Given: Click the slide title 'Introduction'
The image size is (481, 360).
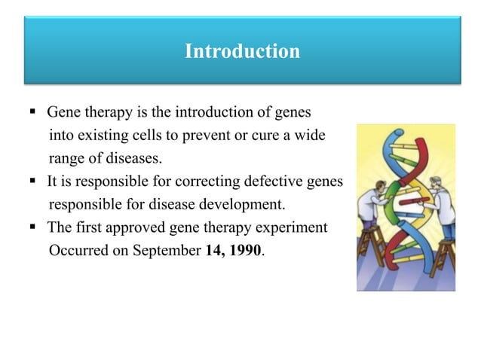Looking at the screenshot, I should coord(242,52).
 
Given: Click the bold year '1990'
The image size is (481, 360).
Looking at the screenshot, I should coord(246,250).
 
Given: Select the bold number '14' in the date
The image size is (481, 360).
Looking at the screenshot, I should coord(213,250).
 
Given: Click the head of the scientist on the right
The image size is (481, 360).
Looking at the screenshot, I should coord(435,184).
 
